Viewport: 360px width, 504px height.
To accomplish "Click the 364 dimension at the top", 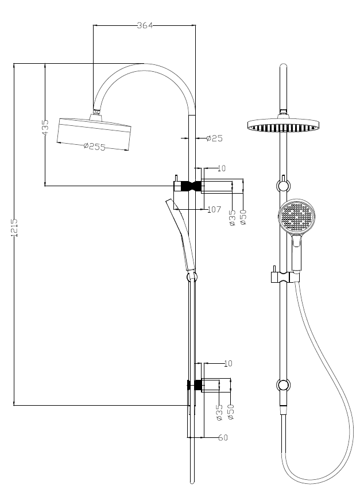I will (145, 25).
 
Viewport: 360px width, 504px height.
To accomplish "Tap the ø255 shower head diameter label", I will (94, 147).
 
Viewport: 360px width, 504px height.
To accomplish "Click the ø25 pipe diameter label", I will (214, 138).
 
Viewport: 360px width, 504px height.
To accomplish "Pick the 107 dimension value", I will (214, 210).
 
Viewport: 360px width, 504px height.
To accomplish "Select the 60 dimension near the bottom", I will (223, 438).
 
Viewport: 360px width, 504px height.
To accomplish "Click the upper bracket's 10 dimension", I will (222, 168).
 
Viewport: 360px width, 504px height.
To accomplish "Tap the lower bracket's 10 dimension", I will (228, 364).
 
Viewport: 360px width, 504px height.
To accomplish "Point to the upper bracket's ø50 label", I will (243, 218).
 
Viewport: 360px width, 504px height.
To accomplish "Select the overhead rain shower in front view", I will (282, 126).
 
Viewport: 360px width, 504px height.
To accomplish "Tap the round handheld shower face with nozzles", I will (297, 217).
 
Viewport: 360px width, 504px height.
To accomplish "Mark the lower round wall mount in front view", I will (282, 385).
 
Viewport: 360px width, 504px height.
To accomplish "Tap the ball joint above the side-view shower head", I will (97, 111).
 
